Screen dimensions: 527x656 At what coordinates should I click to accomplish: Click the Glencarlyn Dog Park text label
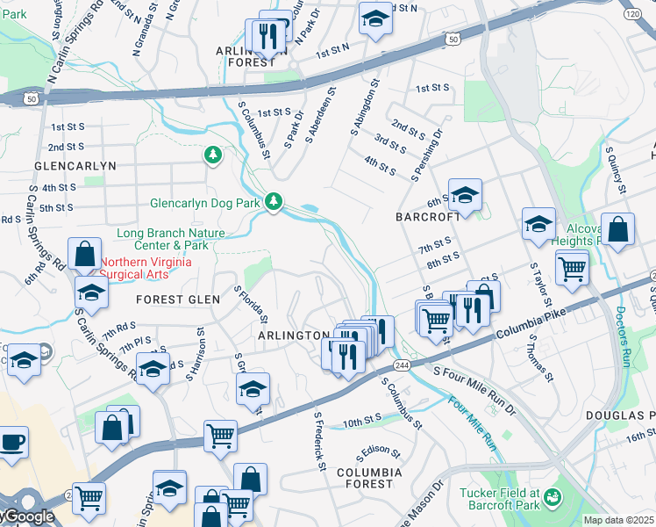click(x=205, y=203)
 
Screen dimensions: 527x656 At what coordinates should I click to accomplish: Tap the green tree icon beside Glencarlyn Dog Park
click(x=275, y=202)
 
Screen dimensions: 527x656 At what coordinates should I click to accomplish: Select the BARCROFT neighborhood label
click(x=428, y=216)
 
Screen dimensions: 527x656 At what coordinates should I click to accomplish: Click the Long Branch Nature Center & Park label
click(x=171, y=239)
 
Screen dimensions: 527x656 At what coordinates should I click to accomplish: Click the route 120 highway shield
click(x=631, y=14)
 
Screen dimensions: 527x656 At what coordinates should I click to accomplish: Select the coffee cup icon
click(x=11, y=441)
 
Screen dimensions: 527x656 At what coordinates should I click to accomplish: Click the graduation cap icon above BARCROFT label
click(x=465, y=194)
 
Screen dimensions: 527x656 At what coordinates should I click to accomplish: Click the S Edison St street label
click(x=378, y=454)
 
